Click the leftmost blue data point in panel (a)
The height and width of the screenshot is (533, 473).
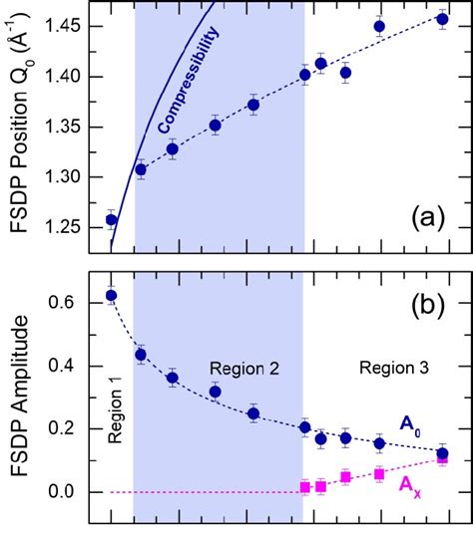click(112, 219)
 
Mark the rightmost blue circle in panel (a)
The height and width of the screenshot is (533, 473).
click(443, 19)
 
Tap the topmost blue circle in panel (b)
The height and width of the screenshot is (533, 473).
click(112, 295)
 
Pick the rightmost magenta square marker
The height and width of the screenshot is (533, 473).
click(443, 458)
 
